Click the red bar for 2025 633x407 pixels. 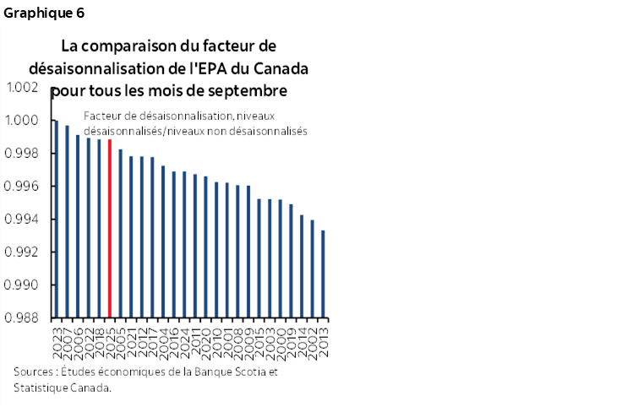pos(110,228)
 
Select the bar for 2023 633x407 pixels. pos(56,220)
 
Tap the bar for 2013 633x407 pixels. pos(324,274)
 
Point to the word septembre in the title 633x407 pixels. pos(247,89)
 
